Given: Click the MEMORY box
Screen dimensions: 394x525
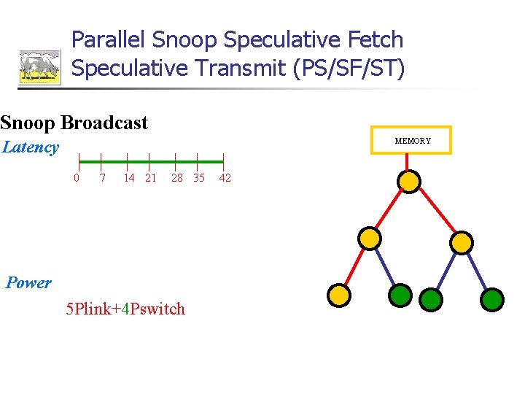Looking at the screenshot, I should coord(413,140).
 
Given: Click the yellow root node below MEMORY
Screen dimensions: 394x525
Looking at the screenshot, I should coord(411,180).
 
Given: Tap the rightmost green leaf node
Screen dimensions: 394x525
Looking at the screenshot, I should coord(493,298).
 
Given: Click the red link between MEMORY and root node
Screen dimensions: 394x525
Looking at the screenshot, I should coord(411,162).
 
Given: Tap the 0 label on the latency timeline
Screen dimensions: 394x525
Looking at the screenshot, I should coord(77,178).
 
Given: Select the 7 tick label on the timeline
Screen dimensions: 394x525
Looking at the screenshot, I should coord(102,178).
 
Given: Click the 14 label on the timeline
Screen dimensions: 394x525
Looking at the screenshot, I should coord(128,178).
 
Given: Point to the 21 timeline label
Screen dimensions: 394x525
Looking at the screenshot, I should coord(150,178).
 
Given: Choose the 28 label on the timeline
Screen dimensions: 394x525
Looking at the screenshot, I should coord(176,178).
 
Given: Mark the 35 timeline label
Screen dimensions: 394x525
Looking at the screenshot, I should coord(198,178).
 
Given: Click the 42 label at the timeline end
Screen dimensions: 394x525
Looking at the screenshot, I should coord(225,178).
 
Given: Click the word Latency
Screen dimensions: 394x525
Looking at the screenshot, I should coord(30,147).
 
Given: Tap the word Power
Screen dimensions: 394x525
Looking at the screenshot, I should coord(28,283).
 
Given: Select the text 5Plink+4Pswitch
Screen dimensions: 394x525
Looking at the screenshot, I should coord(125,309).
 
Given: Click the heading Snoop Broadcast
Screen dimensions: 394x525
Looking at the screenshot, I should coord(74,123).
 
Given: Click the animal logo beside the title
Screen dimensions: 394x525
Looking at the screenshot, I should coord(39,66).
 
